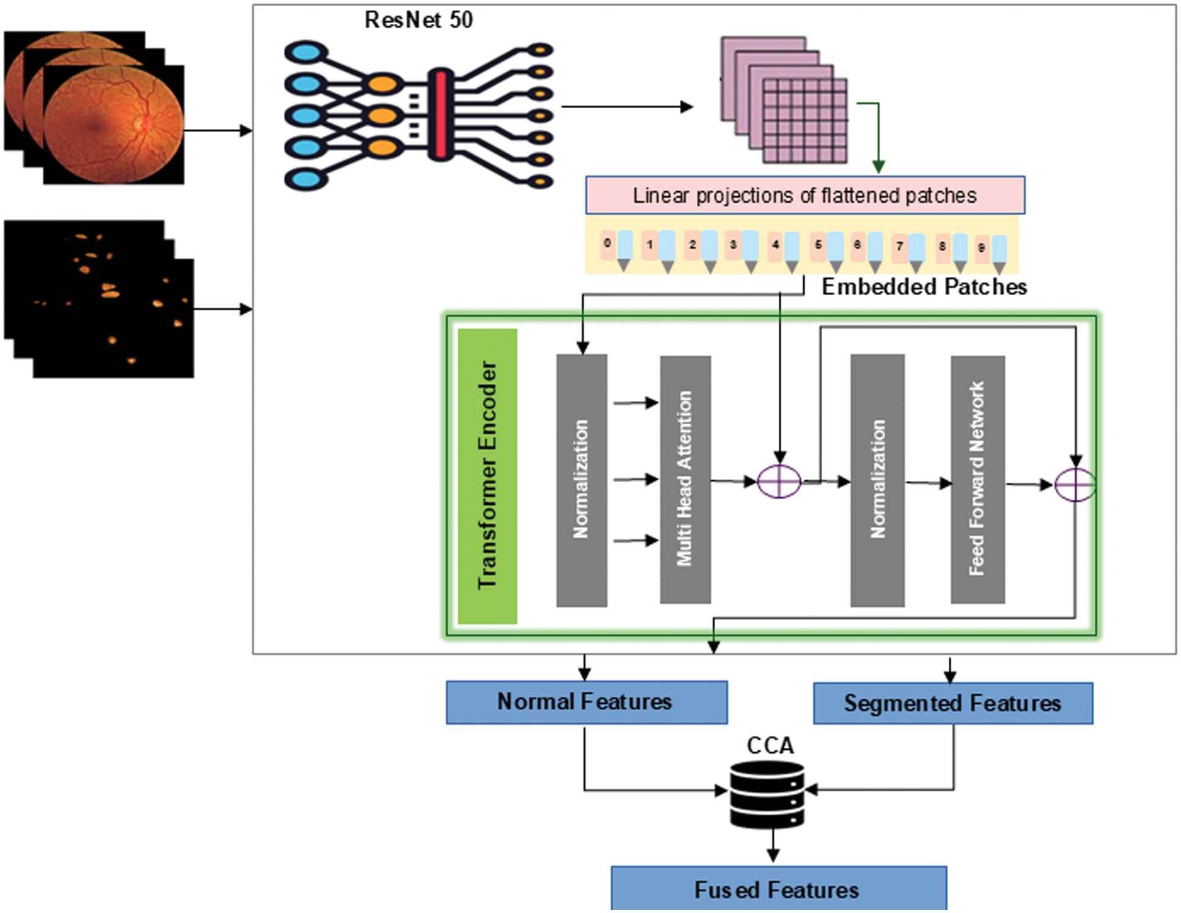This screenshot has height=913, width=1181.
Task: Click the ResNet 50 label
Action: [419, 20]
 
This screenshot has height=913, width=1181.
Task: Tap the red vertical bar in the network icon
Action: [440, 114]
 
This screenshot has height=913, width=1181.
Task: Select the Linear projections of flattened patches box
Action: [805, 196]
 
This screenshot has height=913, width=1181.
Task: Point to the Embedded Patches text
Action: [924, 287]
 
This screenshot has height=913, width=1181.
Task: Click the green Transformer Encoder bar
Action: [487, 476]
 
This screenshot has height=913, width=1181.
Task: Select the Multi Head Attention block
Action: [685, 480]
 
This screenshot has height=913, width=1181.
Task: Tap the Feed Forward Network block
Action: [977, 480]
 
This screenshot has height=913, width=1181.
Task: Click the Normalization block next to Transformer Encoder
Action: [581, 480]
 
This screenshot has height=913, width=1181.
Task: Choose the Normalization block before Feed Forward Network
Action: [877, 480]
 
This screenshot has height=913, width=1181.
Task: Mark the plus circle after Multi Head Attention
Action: [779, 481]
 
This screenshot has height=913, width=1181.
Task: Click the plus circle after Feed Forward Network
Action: [1075, 485]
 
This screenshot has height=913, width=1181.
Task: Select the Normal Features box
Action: [586, 702]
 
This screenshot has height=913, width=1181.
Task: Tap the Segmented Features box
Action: [952, 703]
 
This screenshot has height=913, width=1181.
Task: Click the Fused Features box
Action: [778, 889]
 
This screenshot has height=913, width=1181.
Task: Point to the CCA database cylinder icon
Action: [767, 794]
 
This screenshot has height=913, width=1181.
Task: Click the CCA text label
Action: [770, 746]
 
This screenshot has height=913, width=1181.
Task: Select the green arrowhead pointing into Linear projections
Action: [878, 166]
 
